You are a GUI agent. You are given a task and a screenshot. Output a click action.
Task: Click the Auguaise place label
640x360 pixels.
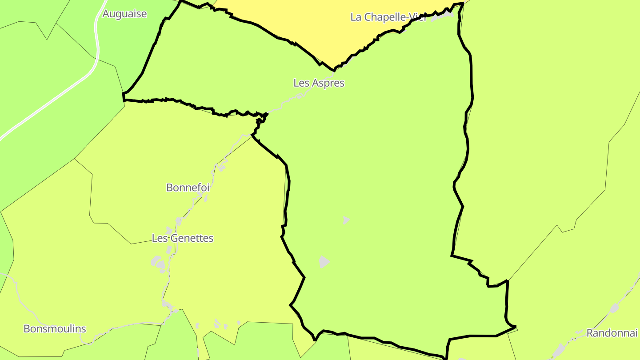pyautogui.click(x=124, y=14)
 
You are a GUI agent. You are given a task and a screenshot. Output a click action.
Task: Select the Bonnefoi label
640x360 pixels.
pyautogui.click(x=188, y=188)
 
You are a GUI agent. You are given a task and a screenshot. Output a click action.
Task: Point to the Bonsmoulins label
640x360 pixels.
pyautogui.click(x=55, y=329)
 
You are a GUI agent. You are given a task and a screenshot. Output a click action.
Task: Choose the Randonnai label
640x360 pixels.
pyautogui.click(x=612, y=333)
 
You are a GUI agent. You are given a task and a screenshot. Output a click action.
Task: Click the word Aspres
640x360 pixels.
pyautogui.click(x=328, y=83)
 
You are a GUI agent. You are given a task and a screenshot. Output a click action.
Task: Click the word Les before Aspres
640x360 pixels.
pyautogui.click(x=301, y=83)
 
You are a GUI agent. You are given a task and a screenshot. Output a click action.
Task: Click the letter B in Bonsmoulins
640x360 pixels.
pyautogui.click(x=27, y=329)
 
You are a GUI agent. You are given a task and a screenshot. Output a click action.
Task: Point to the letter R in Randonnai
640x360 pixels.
pyautogui.click(x=590, y=333)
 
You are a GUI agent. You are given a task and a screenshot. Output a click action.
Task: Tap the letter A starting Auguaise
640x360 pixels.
pyautogui.click(x=106, y=14)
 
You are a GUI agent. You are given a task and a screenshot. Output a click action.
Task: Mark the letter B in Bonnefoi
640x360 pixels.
pyautogui.click(x=169, y=188)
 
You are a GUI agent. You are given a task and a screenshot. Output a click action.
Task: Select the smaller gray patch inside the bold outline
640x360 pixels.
pyautogui.click(x=346, y=220)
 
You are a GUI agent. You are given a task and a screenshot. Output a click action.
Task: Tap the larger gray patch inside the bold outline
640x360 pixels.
pyautogui.click(x=324, y=262)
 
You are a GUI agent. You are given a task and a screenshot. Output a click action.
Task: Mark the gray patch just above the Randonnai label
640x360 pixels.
pyautogui.click(x=614, y=308)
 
